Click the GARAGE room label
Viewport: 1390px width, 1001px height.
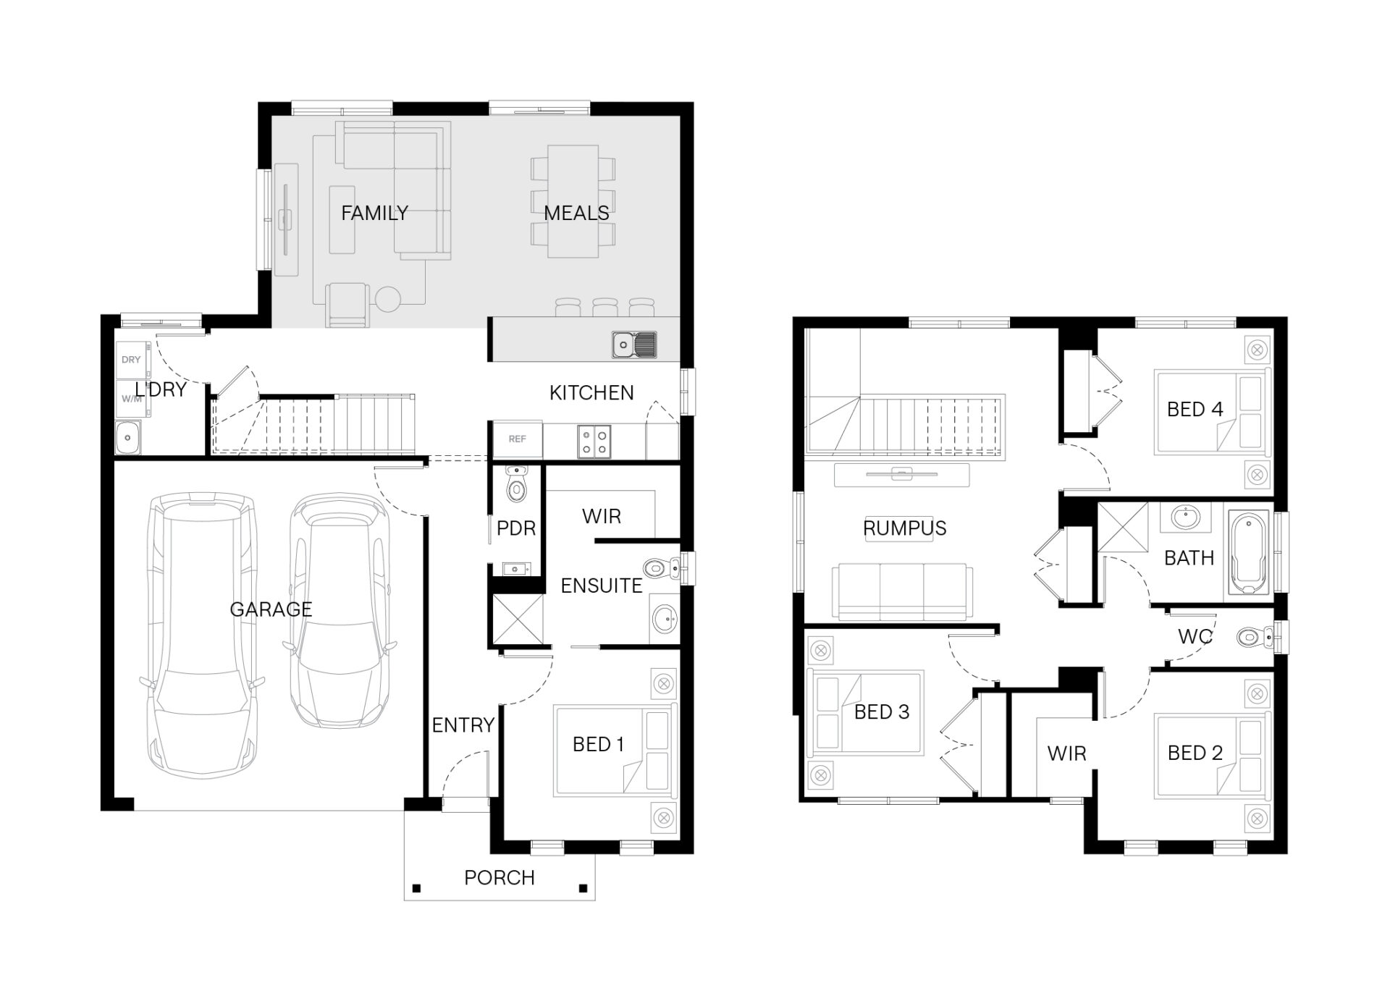[271, 609]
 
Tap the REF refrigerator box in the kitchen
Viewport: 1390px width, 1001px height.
[518, 439]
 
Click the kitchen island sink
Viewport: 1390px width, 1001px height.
[634, 345]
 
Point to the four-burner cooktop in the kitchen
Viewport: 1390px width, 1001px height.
[594, 442]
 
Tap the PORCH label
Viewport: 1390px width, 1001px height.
[500, 878]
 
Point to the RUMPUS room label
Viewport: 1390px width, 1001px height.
[905, 528]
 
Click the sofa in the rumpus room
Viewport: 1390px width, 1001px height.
[902, 592]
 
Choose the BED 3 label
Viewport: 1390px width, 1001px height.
[882, 712]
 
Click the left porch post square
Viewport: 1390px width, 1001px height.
[416, 888]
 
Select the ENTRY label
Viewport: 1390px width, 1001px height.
[463, 725]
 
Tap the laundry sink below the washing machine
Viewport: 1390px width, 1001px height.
[128, 437]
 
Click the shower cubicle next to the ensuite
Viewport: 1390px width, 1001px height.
[518, 619]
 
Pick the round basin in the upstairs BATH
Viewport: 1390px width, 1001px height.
[1185, 518]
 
